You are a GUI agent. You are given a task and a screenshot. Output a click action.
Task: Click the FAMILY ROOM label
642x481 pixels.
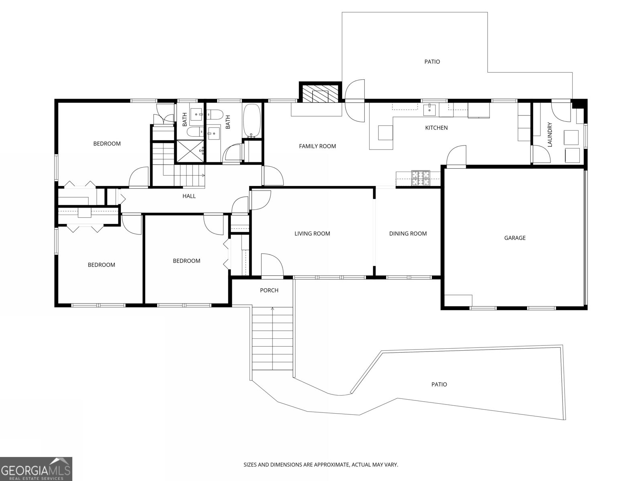[317, 146]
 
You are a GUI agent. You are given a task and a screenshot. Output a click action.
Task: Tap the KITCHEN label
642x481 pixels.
[437, 127]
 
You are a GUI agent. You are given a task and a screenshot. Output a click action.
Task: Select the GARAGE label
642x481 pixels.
[515, 238]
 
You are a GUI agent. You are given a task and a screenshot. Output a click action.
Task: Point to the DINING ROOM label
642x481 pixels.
[408, 233]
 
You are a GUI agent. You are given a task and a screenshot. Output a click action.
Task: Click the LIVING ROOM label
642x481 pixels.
[312, 233]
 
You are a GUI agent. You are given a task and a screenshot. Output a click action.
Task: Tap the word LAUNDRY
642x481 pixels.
[550, 134]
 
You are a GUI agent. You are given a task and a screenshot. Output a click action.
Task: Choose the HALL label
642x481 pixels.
[189, 196]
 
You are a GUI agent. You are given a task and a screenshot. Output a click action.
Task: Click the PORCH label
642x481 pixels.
[269, 290]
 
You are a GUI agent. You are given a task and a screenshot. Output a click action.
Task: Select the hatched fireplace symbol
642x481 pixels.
[320, 93]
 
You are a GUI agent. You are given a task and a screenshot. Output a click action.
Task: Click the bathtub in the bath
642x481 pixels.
[252, 121]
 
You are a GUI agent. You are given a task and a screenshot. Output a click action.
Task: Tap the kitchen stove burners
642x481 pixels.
[421, 178]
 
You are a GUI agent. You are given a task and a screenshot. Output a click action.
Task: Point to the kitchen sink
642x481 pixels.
[429, 110]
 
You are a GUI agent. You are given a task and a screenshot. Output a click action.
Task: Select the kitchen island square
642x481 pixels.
[386, 133]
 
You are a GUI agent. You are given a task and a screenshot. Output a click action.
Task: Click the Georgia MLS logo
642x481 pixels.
[36, 469]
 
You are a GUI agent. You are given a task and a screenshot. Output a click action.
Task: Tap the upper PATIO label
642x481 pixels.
[432, 62]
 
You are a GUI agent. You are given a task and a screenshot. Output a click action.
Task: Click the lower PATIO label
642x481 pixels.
[439, 384]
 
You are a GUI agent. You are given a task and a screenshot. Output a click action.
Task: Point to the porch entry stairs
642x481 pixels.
[272, 338]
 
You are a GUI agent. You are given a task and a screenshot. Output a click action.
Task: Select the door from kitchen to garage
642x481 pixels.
[456, 156]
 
